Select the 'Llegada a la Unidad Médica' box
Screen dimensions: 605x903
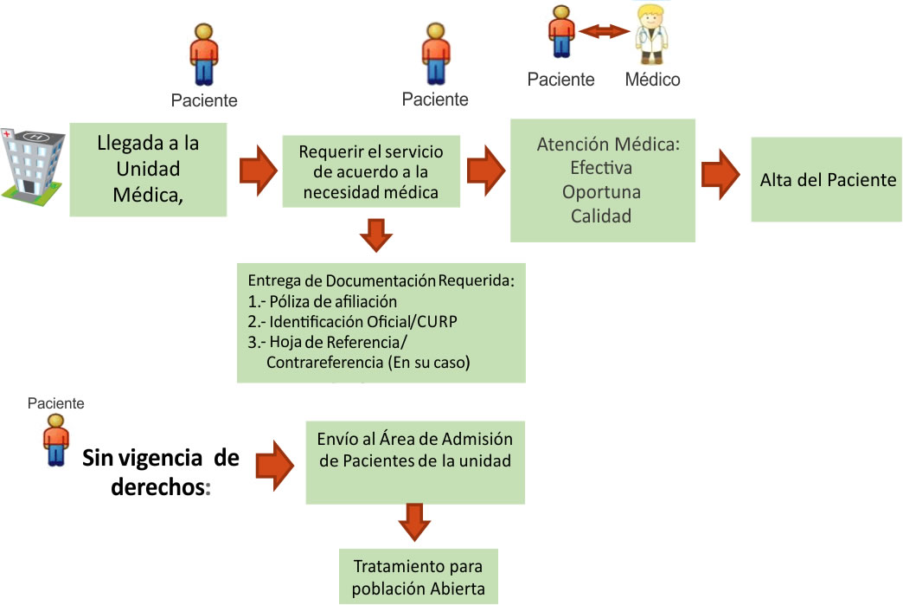148,169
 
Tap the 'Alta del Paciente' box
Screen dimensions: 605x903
827,180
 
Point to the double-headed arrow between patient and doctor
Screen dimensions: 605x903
604,32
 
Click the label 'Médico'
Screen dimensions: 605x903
652,80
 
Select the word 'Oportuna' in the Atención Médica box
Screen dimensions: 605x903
601,190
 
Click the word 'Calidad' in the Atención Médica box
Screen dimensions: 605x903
601,216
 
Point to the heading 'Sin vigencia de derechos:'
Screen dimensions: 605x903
162,473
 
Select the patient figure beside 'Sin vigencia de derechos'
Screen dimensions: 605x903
56,441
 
